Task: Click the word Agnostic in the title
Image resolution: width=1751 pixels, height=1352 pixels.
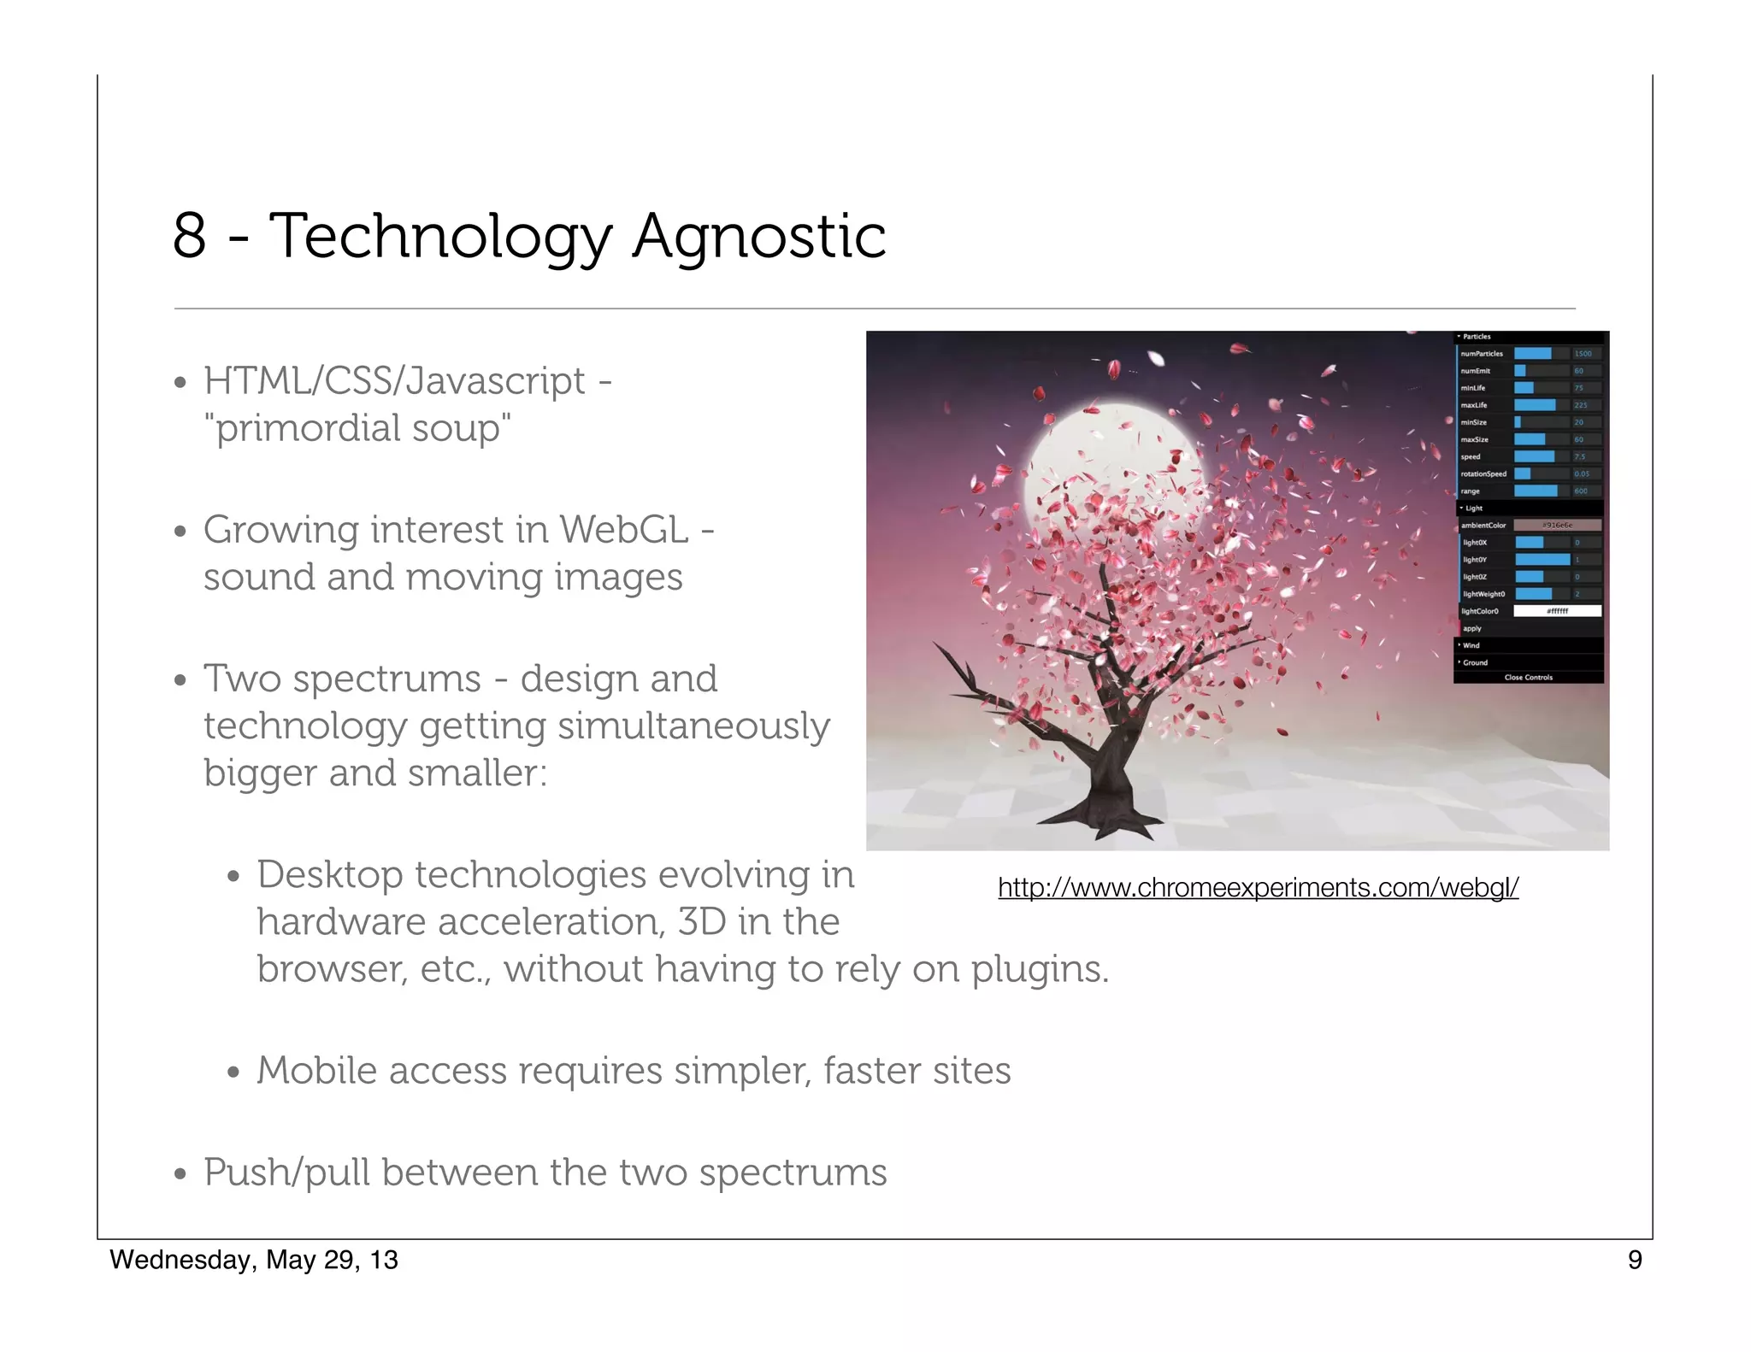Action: pos(758,236)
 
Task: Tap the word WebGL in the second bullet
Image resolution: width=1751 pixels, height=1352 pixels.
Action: pos(624,530)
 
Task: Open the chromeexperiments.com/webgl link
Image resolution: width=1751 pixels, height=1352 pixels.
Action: pos(1258,888)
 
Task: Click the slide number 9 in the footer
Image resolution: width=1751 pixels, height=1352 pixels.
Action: pos(1634,1260)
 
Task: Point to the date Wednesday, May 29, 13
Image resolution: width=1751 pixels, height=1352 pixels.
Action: pos(254,1260)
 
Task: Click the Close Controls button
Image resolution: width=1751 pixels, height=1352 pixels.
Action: pos(1528,677)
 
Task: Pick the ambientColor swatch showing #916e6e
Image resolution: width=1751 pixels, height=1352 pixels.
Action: pos(1556,526)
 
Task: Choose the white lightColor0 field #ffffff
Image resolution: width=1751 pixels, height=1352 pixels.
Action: pos(1556,611)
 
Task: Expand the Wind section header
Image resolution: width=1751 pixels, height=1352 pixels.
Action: pos(1471,645)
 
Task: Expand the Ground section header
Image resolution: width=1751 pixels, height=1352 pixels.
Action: pos(1475,662)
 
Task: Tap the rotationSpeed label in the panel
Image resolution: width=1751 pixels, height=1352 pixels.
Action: pos(1483,474)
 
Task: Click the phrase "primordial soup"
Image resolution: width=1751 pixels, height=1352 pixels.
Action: pos(357,428)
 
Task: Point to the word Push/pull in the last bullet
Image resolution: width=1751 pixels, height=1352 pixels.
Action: pos(286,1173)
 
